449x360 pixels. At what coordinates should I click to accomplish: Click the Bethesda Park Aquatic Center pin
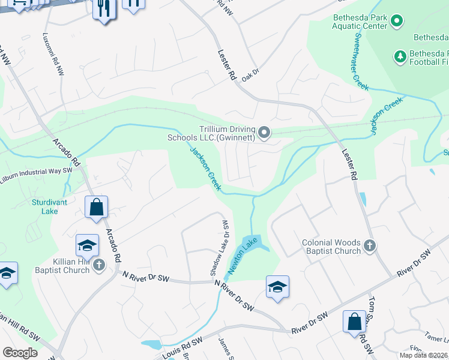(396, 22)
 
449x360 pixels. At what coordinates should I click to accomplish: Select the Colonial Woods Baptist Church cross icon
(370, 246)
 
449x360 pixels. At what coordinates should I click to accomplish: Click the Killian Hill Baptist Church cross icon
(100, 265)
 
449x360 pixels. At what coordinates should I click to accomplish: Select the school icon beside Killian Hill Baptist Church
(87, 245)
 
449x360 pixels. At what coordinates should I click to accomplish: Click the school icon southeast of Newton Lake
(277, 287)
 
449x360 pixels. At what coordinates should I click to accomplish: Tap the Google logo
(20, 352)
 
